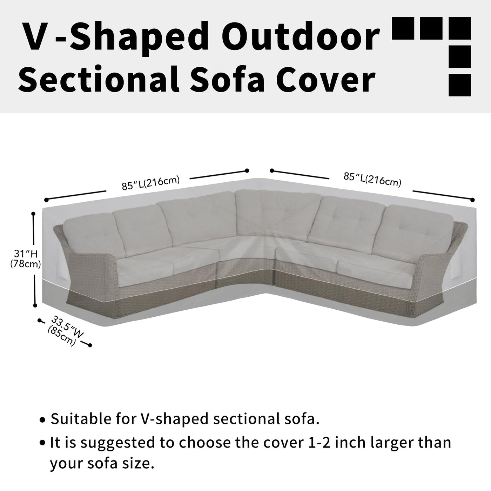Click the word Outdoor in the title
click(302, 37)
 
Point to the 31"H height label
click(26, 254)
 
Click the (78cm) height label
click(26, 264)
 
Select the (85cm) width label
click(62, 336)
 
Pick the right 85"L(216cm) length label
click(372, 180)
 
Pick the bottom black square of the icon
click(460, 85)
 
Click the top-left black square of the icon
click(403, 28)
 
